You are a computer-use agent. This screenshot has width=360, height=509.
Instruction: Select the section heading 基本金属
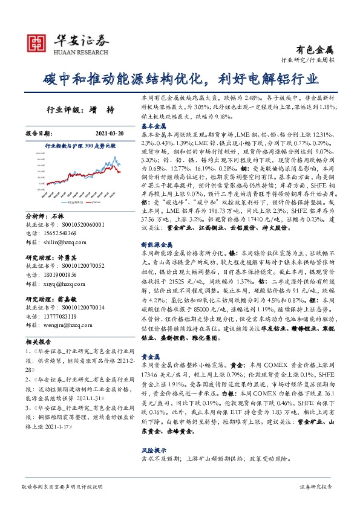pyautogui.click(x=153, y=125)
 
